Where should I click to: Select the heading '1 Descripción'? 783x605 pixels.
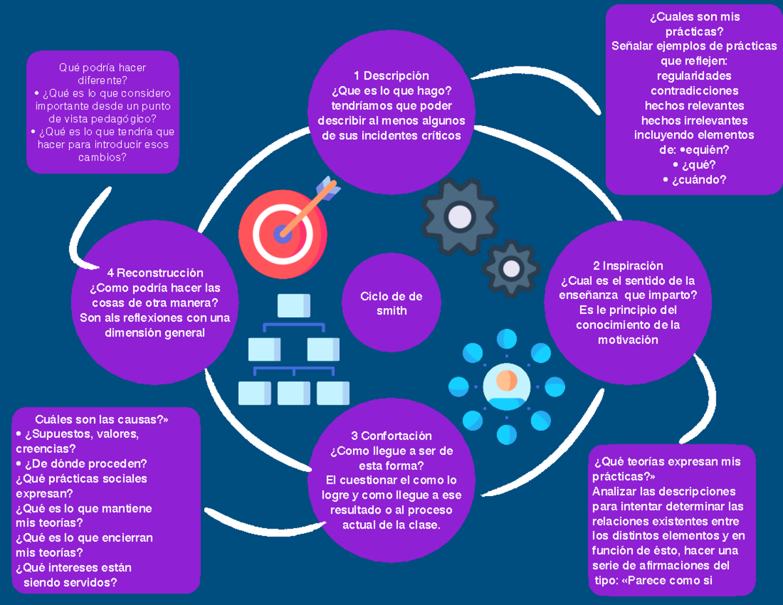391,76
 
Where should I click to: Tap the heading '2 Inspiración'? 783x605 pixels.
628,266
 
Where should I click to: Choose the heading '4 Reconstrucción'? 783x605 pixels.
155,273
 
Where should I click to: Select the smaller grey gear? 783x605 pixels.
511,268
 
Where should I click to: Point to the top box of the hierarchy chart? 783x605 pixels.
293,305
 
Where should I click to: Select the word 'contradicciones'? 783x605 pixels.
694,91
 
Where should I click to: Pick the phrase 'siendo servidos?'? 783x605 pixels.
70,583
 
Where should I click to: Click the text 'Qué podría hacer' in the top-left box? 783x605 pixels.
102,67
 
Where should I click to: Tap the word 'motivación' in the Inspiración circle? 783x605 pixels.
628,340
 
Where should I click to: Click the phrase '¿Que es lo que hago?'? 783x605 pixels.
391,91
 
